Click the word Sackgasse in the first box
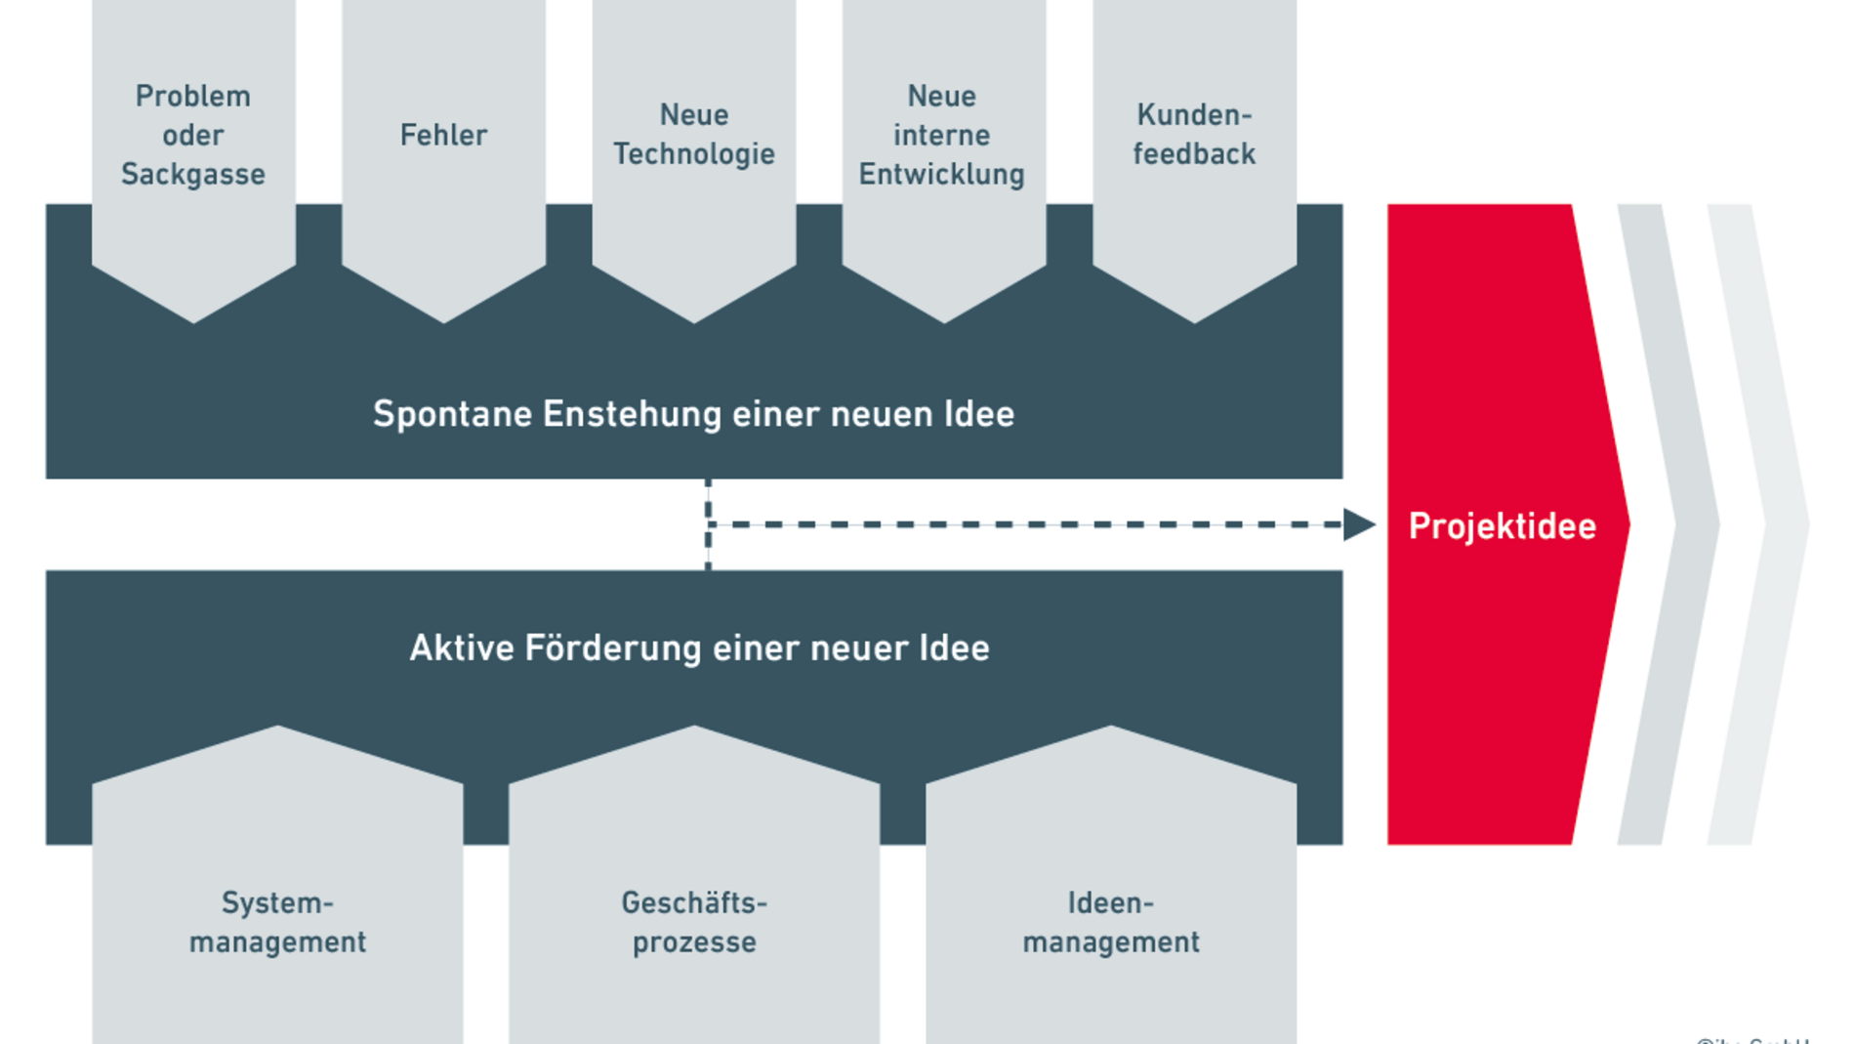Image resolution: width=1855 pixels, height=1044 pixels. pyautogui.click(x=192, y=174)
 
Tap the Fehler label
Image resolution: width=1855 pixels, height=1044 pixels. pyautogui.click(x=443, y=135)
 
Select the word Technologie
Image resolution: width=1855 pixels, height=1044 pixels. pyautogui.click(x=693, y=154)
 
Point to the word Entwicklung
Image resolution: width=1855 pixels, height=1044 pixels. pyautogui.click(x=941, y=174)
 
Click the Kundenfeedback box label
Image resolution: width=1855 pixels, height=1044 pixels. pyautogui.click(x=1193, y=135)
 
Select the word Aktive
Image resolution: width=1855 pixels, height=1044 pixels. pyautogui.click(x=460, y=648)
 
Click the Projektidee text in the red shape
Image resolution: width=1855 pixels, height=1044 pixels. pyautogui.click(x=1502, y=526)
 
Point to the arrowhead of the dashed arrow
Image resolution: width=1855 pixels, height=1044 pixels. pyautogui.click(x=1358, y=524)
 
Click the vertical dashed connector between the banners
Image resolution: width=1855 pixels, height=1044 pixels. pyautogui.click(x=708, y=524)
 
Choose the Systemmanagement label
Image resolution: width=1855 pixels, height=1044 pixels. pyautogui.click(x=277, y=922)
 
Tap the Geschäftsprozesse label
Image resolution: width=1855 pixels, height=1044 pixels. pyautogui.click(x=694, y=922)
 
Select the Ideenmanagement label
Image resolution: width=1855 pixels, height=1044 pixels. pyautogui.click(x=1110, y=922)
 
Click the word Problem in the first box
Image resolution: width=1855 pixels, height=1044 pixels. pyautogui.click(x=192, y=96)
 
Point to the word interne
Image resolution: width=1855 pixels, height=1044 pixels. pyautogui.click(x=941, y=135)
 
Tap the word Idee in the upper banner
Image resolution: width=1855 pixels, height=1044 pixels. pyautogui.click(x=978, y=414)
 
